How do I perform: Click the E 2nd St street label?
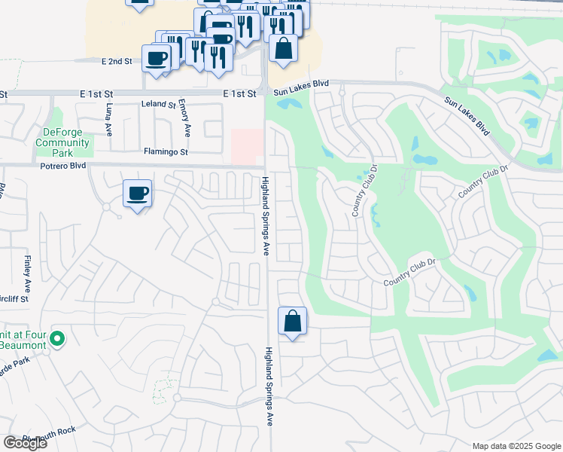pyautogui.click(x=117, y=60)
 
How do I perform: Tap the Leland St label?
pyautogui.click(x=159, y=105)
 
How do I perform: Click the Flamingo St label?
pyautogui.click(x=165, y=151)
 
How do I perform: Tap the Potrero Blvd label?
pyautogui.click(x=65, y=165)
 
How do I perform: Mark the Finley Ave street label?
pyautogui.click(x=26, y=274)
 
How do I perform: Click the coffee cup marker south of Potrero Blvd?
pyautogui.click(x=137, y=194)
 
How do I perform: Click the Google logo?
pyautogui.click(x=25, y=443)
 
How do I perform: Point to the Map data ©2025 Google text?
pyautogui.click(x=516, y=446)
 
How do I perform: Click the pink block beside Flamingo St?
pyautogui.click(x=247, y=145)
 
